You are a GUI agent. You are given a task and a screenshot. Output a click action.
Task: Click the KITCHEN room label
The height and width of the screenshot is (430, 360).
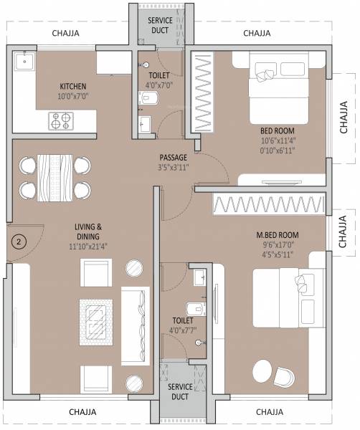click(73, 85)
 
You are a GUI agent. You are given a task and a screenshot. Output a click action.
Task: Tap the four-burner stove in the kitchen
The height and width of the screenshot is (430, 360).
click(60, 120)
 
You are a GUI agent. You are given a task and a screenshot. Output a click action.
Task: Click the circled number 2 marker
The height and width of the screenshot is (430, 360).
click(19, 241)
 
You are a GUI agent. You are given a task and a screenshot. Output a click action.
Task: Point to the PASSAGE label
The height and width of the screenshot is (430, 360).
click(174, 158)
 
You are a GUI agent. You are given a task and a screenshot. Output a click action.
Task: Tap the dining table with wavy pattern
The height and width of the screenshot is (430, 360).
click(55, 176)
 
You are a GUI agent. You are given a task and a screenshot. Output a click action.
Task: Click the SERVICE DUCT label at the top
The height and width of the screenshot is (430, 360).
click(160, 26)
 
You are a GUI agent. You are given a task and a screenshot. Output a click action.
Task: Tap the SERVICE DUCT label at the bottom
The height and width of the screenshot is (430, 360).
click(180, 391)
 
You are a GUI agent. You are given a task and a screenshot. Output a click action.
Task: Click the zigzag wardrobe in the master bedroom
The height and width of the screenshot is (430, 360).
click(263, 204)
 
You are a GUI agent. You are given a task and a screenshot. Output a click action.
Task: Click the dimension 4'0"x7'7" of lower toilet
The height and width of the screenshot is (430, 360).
click(182, 331)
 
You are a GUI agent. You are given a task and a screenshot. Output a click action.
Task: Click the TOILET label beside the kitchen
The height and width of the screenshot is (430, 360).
click(158, 74)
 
